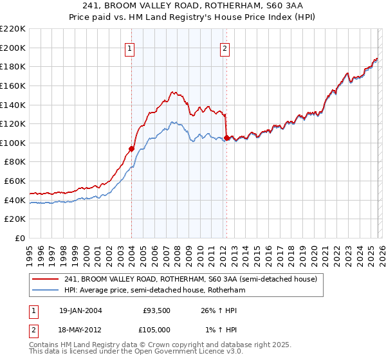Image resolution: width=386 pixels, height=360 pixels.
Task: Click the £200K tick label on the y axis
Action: [13, 48]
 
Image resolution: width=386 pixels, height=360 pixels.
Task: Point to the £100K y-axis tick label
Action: [13, 143]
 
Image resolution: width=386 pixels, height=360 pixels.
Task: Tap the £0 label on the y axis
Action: [19, 238]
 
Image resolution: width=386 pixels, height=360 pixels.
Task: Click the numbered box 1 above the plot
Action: [131, 48]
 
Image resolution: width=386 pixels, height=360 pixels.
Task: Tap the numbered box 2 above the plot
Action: [225, 48]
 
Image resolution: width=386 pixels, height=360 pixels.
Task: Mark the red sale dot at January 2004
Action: [131, 149]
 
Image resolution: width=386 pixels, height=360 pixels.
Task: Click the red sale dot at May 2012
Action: [226, 138]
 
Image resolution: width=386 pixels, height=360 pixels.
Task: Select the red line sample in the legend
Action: [46, 280]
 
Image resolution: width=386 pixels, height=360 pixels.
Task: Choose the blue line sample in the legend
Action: [46, 291]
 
